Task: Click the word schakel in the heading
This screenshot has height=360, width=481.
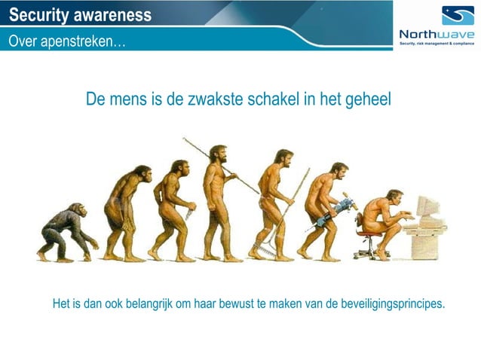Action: click(x=274, y=100)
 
